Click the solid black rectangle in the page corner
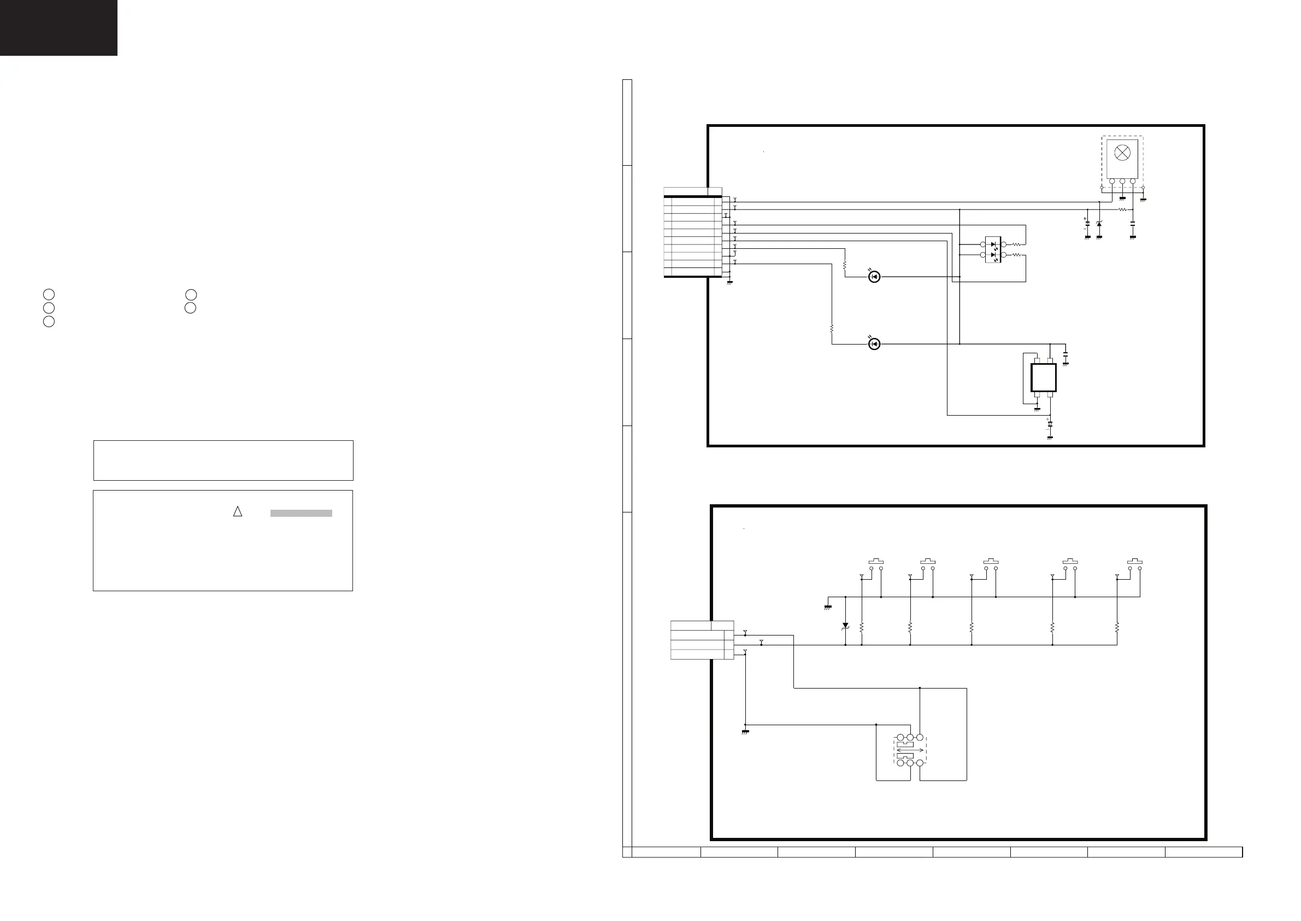[58, 27]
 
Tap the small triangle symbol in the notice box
[238, 511]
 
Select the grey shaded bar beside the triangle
[301, 513]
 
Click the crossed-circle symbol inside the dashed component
[1122, 153]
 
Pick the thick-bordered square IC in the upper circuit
[1043, 378]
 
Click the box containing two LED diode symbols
[993, 249]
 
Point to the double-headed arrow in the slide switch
[910, 750]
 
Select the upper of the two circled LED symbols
[874, 277]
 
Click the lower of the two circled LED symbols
[874, 344]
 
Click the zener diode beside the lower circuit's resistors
[845, 626]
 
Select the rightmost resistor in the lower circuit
[1117, 628]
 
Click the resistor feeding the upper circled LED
[845, 265]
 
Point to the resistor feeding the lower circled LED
[832, 329]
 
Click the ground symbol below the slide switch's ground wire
[745, 732]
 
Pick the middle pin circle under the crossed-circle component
[1122, 182]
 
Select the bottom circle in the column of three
[49, 322]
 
